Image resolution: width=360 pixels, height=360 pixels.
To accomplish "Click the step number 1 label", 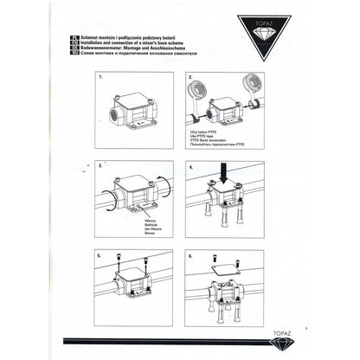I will pos(102,76).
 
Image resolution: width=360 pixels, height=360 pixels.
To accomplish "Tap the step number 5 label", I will pos(102,256).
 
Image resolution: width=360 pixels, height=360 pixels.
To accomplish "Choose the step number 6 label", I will pos(189,256).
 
